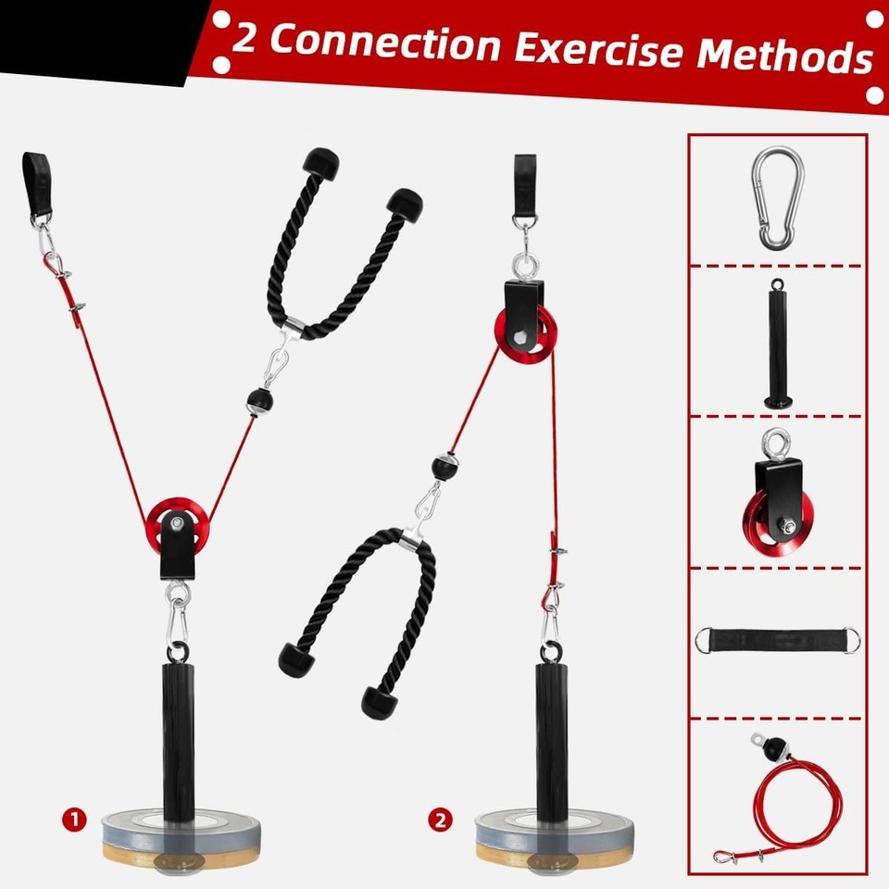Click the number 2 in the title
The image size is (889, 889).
(x=244, y=37)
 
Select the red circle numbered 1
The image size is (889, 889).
(x=75, y=819)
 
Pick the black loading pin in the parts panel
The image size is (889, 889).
(x=777, y=342)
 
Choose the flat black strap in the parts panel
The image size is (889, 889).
(x=777, y=642)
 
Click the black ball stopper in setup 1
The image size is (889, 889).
(x=258, y=401)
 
